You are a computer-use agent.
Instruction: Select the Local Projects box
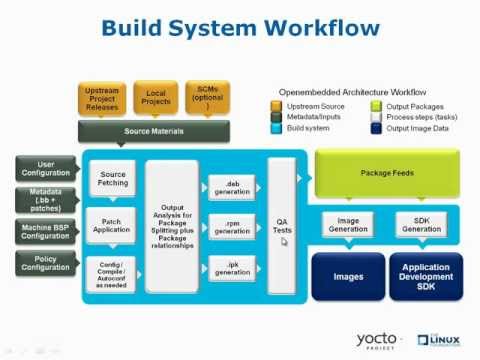(x=155, y=99)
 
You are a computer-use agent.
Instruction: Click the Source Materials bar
(x=153, y=131)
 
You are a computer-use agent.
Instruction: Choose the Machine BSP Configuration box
(x=46, y=232)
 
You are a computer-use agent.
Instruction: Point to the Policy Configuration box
(x=46, y=264)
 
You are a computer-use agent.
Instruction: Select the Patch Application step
(x=113, y=225)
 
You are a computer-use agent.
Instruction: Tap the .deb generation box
(x=232, y=187)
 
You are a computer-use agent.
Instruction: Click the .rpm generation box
(x=232, y=227)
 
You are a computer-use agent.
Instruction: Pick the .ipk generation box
(x=232, y=267)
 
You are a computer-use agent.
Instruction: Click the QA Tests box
(x=283, y=226)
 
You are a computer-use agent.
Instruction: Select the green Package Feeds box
(x=387, y=173)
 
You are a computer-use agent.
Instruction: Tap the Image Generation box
(x=347, y=224)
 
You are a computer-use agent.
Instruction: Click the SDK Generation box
(x=420, y=224)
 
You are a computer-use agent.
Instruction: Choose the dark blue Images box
(x=347, y=277)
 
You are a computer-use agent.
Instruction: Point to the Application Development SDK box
(x=425, y=277)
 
